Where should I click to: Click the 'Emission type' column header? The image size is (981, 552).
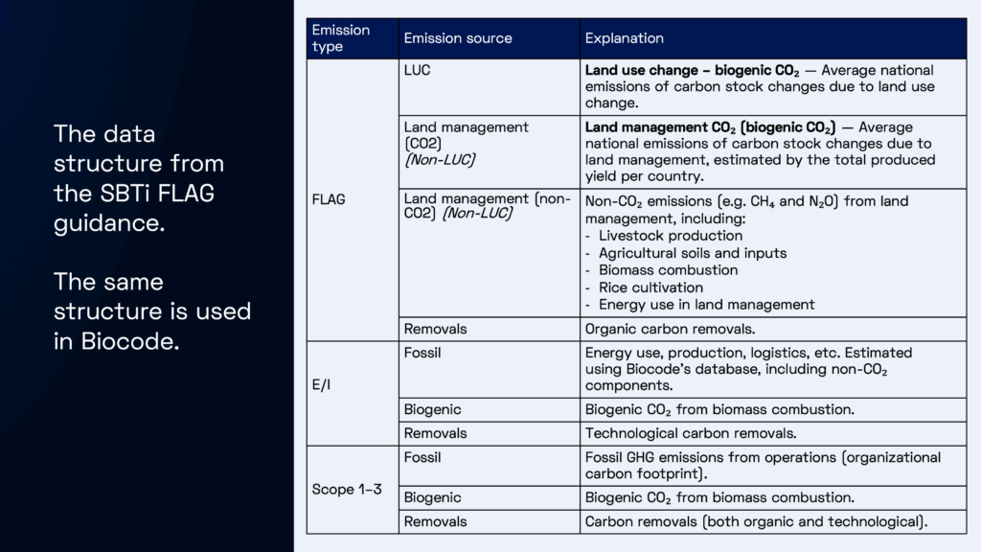pos(340,38)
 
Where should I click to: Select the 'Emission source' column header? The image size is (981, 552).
pos(457,38)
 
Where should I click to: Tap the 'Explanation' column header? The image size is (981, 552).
pos(624,38)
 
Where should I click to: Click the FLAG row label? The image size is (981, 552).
pos(329,200)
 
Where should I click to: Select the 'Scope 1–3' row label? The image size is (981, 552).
pos(347,489)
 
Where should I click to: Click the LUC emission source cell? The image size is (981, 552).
pos(418,71)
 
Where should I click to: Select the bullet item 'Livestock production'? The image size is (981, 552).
pos(657,236)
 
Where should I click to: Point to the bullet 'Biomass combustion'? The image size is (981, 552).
pos(654,270)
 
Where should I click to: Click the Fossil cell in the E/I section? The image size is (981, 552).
pos(422,353)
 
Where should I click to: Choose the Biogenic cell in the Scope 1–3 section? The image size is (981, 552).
pos(432,497)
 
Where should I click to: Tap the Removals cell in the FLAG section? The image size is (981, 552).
pos(435,329)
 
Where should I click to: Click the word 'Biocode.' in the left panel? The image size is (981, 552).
pos(117,341)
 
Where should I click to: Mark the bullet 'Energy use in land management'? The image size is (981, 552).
pos(706,305)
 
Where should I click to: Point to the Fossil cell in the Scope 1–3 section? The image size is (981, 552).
pos(422,457)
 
